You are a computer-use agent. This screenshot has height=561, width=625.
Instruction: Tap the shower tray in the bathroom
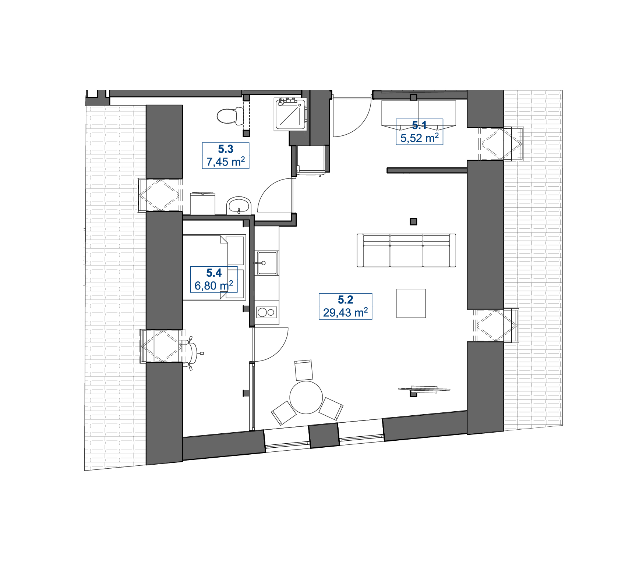click(x=290, y=114)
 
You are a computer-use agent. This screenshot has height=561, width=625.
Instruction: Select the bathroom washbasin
click(x=239, y=206)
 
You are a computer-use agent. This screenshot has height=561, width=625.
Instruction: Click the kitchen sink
click(x=267, y=263)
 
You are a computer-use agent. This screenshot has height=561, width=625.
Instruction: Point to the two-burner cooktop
click(x=267, y=312)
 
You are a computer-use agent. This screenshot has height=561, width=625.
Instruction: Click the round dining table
click(x=306, y=397)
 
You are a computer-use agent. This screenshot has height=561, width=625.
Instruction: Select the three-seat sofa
click(x=406, y=250)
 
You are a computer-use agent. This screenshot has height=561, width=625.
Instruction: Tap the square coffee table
click(x=411, y=303)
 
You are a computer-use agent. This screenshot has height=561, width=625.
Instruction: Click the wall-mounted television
click(x=424, y=389)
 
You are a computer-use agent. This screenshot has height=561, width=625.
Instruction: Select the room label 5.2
click(x=346, y=300)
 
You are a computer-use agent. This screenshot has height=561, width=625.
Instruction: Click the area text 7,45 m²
click(x=226, y=161)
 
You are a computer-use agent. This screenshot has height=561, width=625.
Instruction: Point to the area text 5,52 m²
click(x=420, y=138)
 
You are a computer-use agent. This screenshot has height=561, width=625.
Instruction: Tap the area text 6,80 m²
click(x=214, y=285)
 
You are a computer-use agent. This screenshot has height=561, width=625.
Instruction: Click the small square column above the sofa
click(x=413, y=221)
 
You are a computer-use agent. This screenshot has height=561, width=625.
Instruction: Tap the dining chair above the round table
click(x=304, y=370)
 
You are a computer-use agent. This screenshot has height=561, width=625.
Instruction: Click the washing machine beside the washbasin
click(x=202, y=203)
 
